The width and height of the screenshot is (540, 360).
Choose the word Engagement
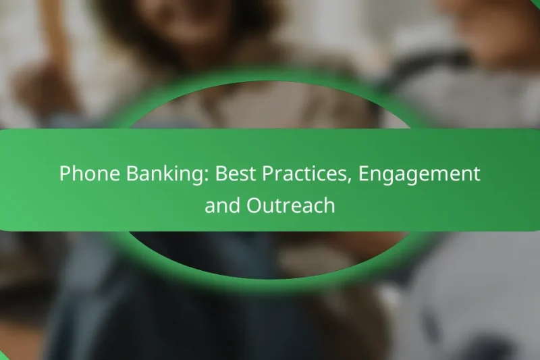point(419,174)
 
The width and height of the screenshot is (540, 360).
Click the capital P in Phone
point(65,174)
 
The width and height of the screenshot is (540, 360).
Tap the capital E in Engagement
point(364,174)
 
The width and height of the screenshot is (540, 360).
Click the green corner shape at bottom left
point(3,356)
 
